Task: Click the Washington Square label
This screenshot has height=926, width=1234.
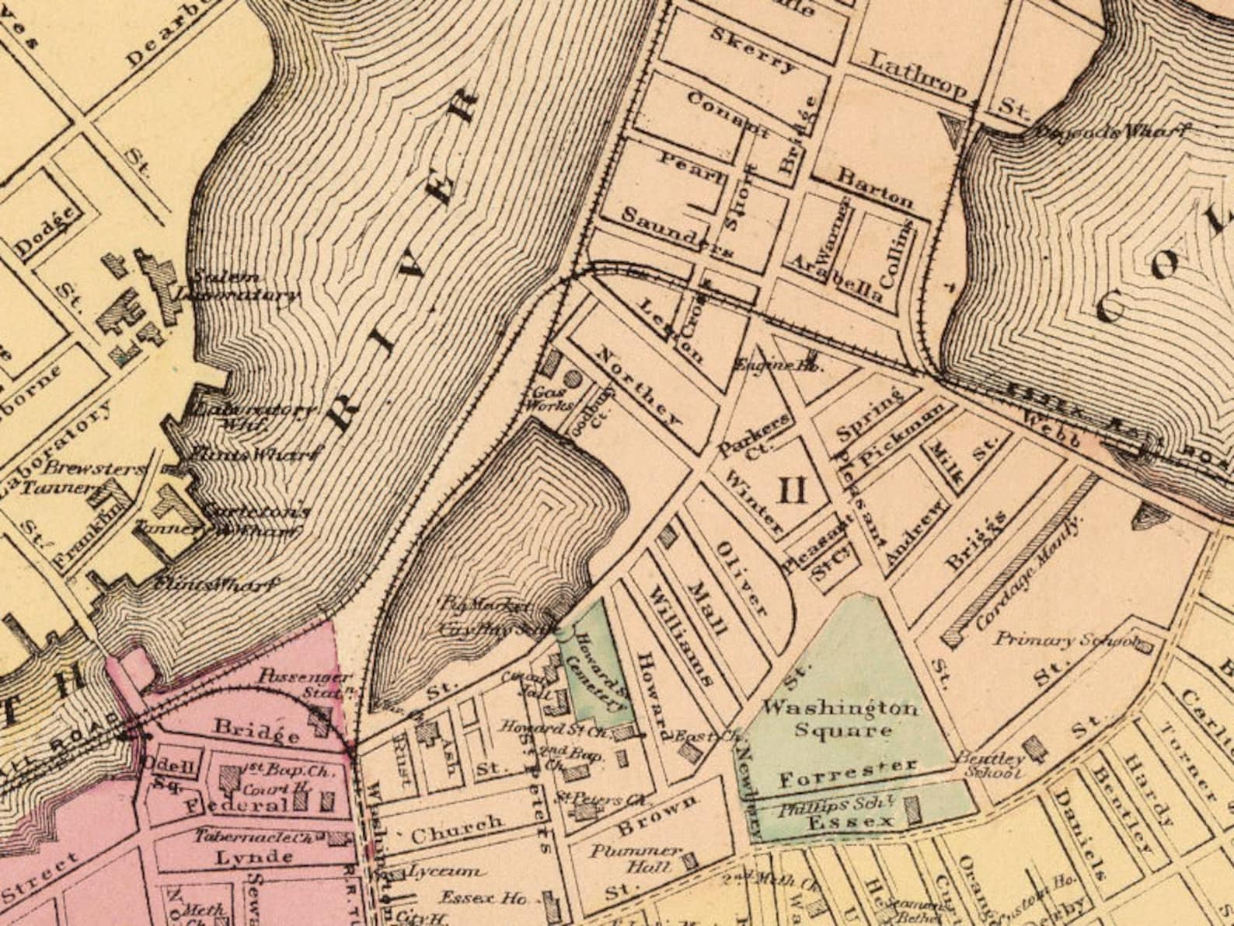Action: tap(838, 719)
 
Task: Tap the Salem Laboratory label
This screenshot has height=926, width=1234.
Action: tap(233, 286)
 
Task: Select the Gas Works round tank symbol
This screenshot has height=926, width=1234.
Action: tap(572, 379)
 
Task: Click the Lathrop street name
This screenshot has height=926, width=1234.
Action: tap(917, 75)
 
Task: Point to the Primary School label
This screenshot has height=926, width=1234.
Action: tap(1066, 640)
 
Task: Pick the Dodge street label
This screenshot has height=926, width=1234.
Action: tap(49, 231)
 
